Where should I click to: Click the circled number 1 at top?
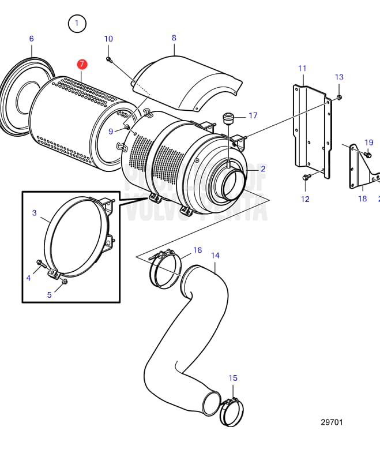(x=77, y=24)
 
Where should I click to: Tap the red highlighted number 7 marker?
(x=82, y=63)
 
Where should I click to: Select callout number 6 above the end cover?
(x=31, y=39)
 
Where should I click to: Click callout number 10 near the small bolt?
(x=108, y=39)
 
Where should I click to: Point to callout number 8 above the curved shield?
(x=174, y=38)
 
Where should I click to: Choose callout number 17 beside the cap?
(x=253, y=115)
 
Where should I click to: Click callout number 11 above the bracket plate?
(x=302, y=68)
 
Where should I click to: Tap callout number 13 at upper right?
(x=339, y=77)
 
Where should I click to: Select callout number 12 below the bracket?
(x=305, y=199)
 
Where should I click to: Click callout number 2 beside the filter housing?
(x=263, y=169)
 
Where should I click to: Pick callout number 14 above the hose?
(x=215, y=255)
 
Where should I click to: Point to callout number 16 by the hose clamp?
(x=197, y=250)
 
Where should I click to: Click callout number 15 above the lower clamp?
(x=232, y=378)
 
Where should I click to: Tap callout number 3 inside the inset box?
(x=34, y=212)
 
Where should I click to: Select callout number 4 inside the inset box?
(x=28, y=278)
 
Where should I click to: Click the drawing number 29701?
(x=332, y=422)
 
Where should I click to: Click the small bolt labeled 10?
(x=108, y=59)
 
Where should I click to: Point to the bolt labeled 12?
(x=305, y=178)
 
